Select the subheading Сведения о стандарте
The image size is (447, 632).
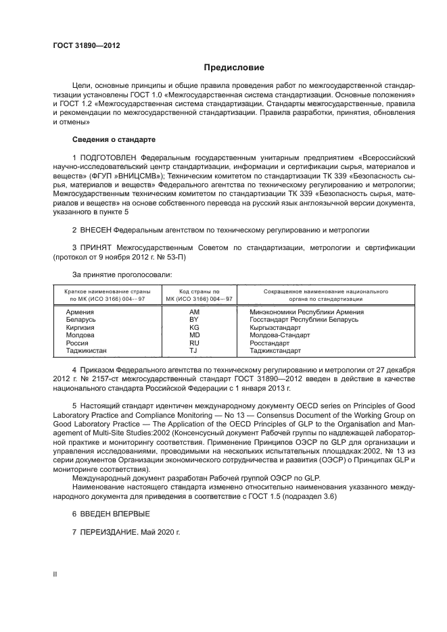pos(114,139)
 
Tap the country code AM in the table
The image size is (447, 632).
pos(195,312)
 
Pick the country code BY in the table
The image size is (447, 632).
pos(195,320)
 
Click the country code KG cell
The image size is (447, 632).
pos(195,327)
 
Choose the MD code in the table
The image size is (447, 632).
pos(195,335)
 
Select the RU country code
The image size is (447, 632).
pos(195,343)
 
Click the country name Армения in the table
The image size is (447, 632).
pos(80,312)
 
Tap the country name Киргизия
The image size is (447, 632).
pos(80,327)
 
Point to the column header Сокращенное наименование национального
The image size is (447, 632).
pos(315,291)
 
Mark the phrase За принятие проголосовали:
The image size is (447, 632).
pos(113,274)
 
